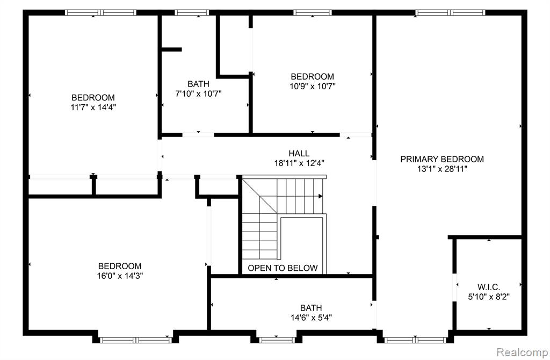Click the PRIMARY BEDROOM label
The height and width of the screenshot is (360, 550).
pos(442,159)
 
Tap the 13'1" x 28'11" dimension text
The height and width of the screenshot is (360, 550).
pos(442,169)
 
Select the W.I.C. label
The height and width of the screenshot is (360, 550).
pos(489,287)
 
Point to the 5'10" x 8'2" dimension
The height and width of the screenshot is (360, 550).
pos(489,297)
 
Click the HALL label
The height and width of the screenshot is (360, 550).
pos(299,153)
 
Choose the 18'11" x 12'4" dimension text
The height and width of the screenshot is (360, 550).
pos(299,163)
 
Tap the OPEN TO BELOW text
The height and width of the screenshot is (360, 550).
pos(283,268)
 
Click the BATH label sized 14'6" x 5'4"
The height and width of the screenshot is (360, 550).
pos(311,308)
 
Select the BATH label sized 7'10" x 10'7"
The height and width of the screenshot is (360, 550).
pos(198,84)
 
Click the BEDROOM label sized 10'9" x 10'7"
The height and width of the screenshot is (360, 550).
pos(312,76)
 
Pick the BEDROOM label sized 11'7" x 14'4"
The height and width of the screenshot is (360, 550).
pos(93,98)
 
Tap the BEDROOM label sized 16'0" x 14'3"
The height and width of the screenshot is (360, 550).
pos(120,266)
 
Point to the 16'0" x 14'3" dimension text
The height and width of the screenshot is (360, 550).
pos(120,276)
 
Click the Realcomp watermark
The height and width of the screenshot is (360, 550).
pos(522,352)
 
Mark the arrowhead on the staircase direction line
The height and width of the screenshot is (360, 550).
pos(320,196)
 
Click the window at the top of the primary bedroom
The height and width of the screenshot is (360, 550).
pos(451,13)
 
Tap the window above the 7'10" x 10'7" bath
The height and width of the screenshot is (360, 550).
pos(192,13)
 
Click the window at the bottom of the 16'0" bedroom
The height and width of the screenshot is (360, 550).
pos(136,340)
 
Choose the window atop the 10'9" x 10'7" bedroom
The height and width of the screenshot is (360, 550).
pos(313,13)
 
